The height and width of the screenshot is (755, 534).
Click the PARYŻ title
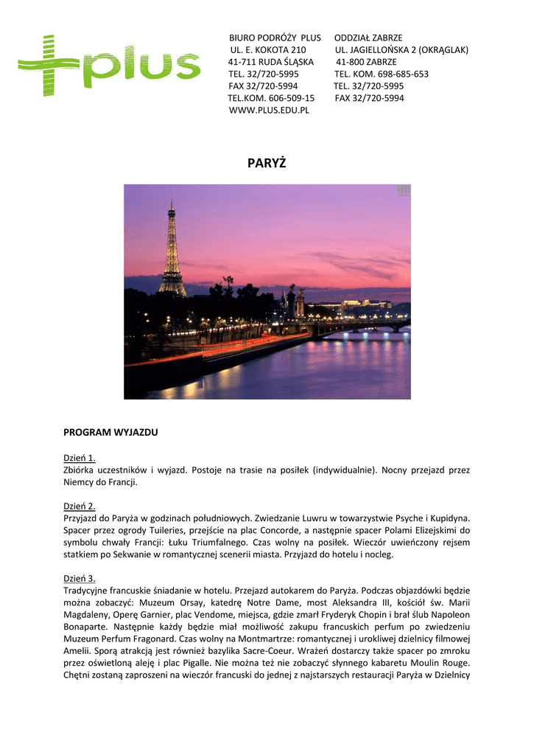coord(267,163)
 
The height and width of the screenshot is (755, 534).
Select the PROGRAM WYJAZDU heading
coord(110,432)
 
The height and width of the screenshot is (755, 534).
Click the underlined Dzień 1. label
coord(80,458)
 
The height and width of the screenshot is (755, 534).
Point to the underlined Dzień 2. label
coord(80,507)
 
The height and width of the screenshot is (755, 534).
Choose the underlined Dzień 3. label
coord(80,578)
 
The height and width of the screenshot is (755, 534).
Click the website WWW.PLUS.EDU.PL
coord(269,110)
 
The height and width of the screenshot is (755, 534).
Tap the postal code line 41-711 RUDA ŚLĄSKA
coord(271,62)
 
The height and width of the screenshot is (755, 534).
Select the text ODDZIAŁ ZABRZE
coord(368,38)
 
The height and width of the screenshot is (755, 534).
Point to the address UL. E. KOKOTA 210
coord(268,49)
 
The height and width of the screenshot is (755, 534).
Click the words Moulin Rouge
coord(441,662)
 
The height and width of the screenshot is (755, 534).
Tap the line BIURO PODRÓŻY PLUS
coord(275,38)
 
